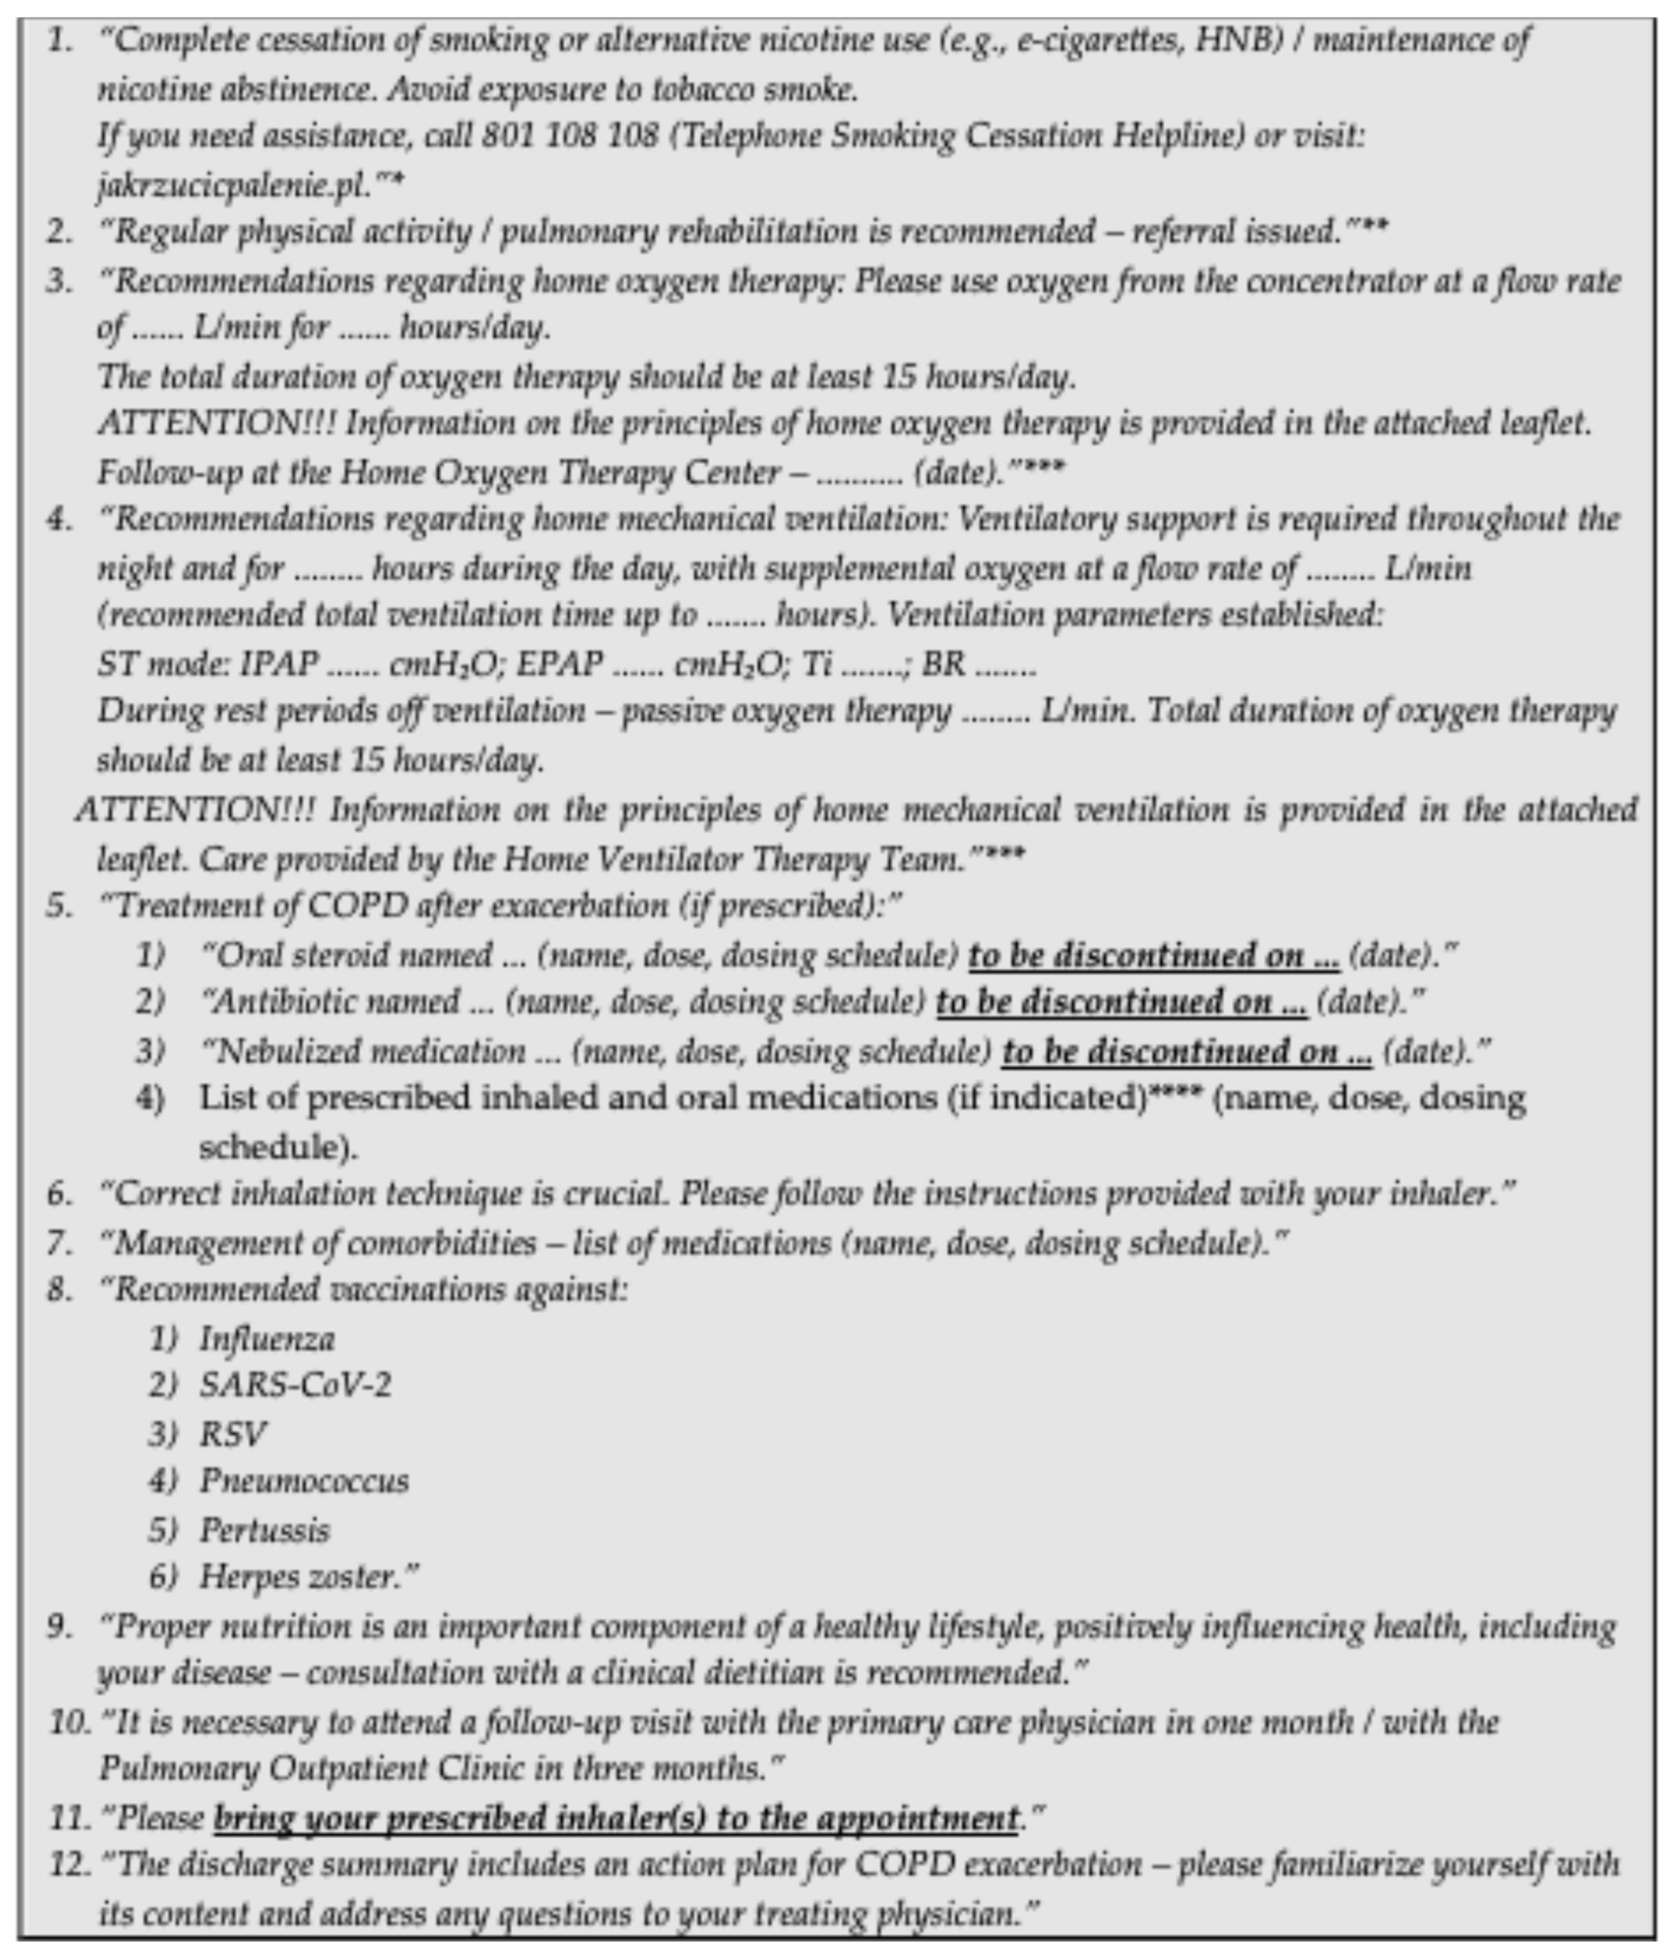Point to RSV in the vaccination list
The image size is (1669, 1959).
[x=233, y=1434]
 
